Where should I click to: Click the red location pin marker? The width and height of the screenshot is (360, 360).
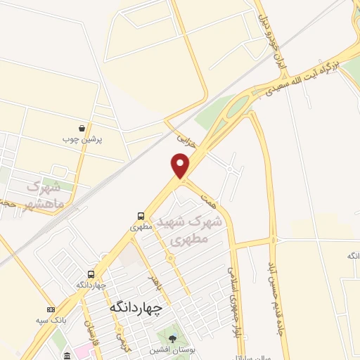(x=181, y=165)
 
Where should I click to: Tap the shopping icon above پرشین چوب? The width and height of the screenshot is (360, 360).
(x=83, y=129)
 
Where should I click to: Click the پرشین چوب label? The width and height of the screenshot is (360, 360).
(x=84, y=139)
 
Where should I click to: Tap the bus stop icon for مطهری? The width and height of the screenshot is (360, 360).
(x=141, y=217)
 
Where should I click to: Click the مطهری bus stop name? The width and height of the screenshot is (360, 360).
(x=141, y=228)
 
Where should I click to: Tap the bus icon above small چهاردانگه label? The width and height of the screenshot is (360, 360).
(x=91, y=274)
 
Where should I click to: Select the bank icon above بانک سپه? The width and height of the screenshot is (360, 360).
(x=50, y=309)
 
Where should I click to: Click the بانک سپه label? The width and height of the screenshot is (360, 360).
(x=51, y=320)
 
